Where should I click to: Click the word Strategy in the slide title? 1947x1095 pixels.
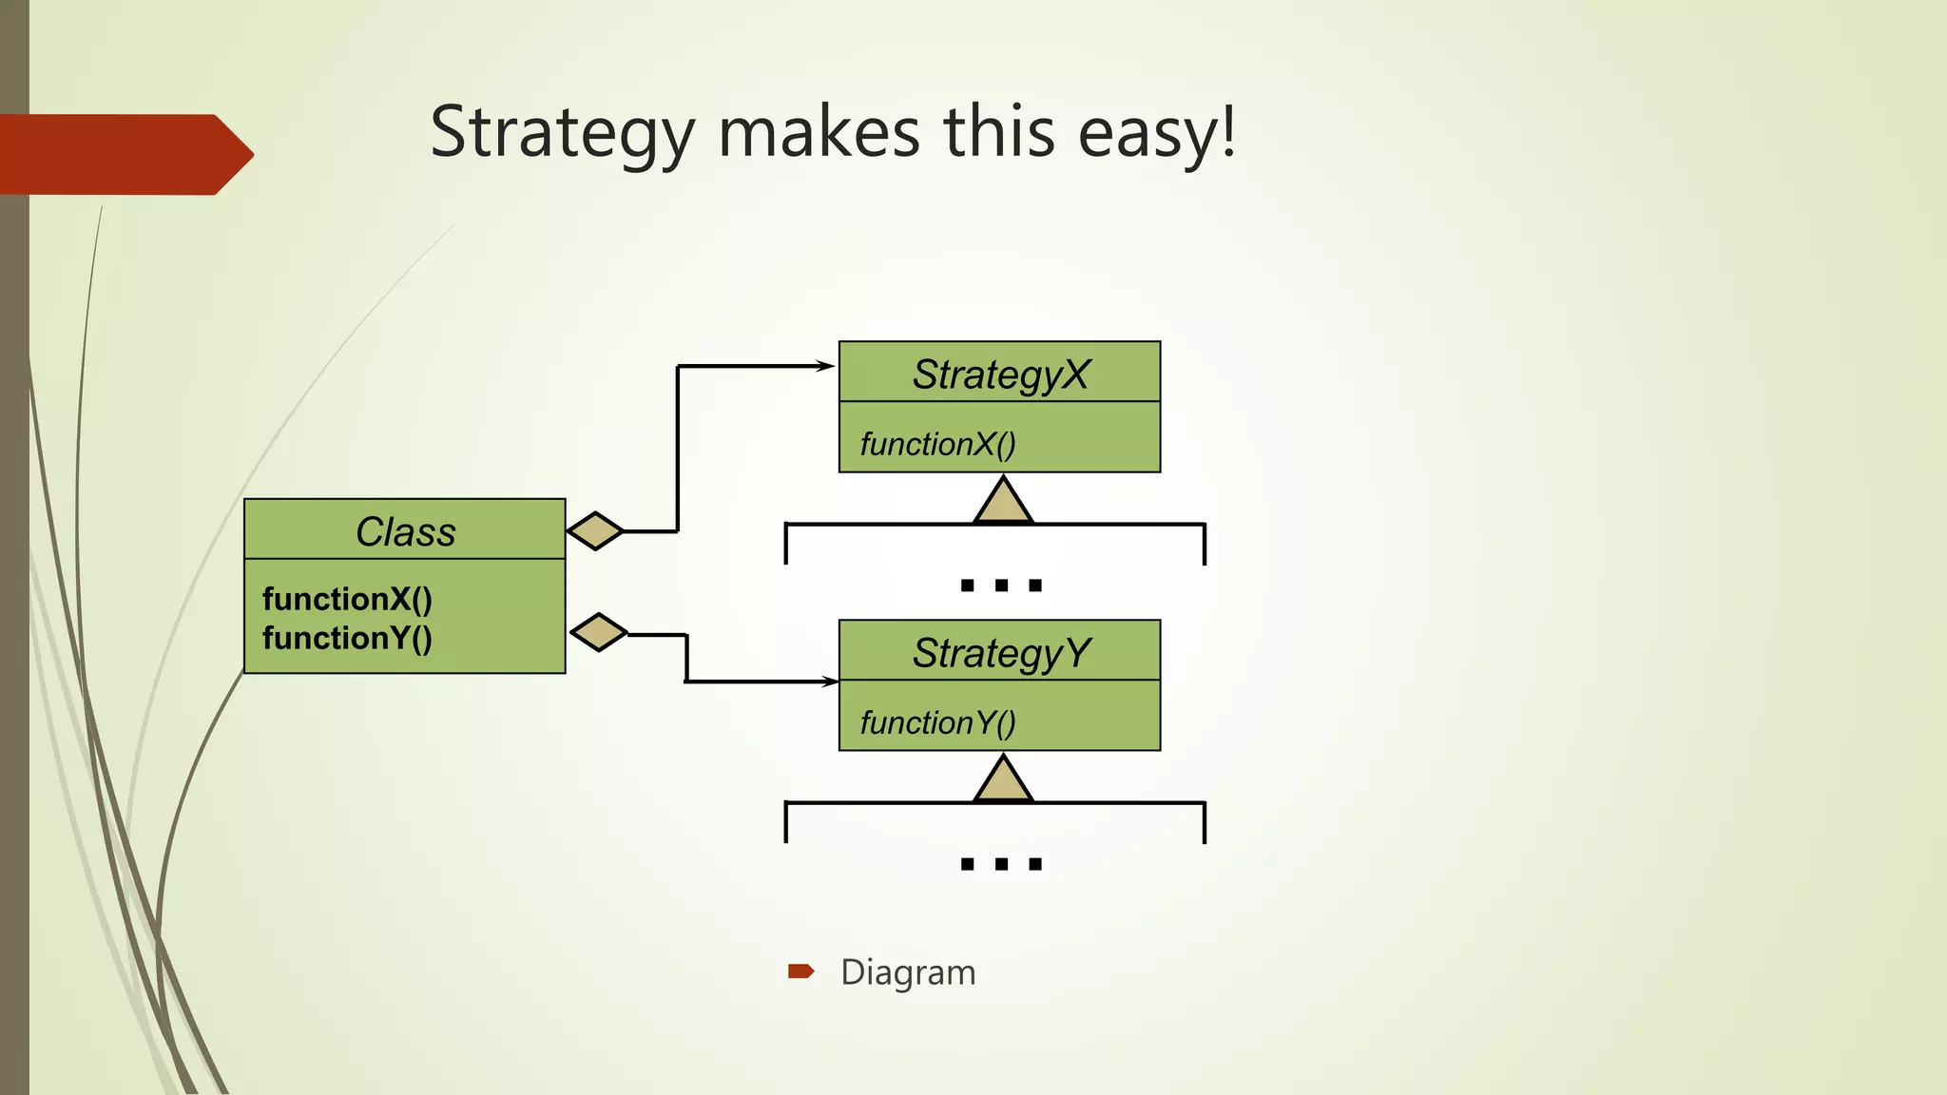pyautogui.click(x=562, y=134)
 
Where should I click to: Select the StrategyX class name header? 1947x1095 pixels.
pyautogui.click(x=1000, y=374)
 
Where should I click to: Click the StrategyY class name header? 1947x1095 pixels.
pyautogui.click(x=1000, y=653)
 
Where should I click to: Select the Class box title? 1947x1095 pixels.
pyautogui.click(x=405, y=531)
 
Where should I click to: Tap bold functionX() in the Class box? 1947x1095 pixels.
pyautogui.click(x=347, y=599)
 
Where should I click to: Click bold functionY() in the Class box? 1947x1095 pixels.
pyautogui.click(x=347, y=638)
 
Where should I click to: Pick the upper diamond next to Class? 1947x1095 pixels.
pyautogui.click(x=595, y=530)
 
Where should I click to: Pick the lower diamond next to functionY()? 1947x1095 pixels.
pyautogui.click(x=599, y=632)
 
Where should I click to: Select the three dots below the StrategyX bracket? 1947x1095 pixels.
pyautogui.click(x=1001, y=586)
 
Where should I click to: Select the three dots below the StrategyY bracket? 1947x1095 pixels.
pyautogui.click(x=1001, y=864)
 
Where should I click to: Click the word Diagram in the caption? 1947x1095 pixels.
pyautogui.click(x=908, y=972)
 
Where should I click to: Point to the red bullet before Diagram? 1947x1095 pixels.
pyautogui.click(x=800, y=970)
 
